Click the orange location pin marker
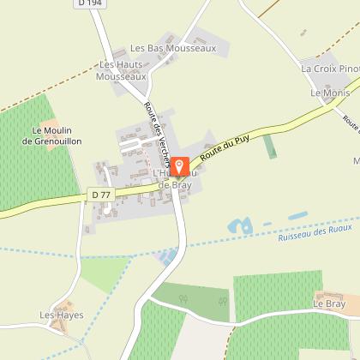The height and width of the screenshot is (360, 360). [x=179, y=166]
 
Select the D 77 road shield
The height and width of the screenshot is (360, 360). [x=101, y=195]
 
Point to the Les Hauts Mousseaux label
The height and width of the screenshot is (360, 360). [x=123, y=70]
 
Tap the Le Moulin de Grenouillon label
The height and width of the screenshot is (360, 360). [x=56, y=135]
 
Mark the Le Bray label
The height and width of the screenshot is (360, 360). [x=327, y=303]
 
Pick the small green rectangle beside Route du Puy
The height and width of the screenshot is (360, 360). [x=270, y=146]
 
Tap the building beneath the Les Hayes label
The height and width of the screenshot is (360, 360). [x=58, y=325]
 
